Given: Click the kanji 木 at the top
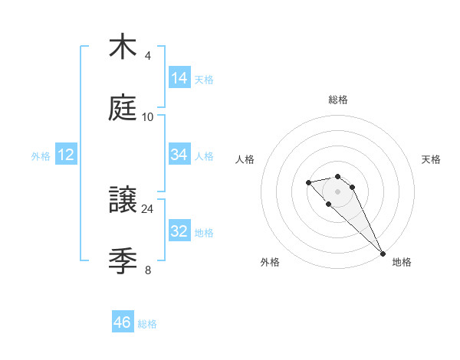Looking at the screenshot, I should (x=123, y=47).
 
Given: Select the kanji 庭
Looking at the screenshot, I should (x=123, y=108).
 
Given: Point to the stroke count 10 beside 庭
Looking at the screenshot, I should (x=148, y=116).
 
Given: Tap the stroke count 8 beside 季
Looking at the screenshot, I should (x=148, y=270).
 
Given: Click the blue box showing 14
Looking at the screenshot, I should (x=179, y=78).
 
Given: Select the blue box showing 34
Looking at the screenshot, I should (x=179, y=155).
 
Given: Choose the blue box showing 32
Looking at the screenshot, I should (x=179, y=231).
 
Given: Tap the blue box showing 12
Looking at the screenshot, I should (x=66, y=155).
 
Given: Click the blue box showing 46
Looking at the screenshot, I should (x=123, y=322).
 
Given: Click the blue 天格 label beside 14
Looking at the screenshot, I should (x=204, y=80).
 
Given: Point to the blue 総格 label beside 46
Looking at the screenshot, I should (x=147, y=324).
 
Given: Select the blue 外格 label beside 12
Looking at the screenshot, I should (x=41, y=156).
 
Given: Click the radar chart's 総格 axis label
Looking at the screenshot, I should (x=338, y=100).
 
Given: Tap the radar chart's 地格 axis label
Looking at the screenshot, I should (x=402, y=262).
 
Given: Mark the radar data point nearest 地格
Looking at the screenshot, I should (x=382, y=254).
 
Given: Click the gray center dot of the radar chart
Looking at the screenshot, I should (x=337, y=191).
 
